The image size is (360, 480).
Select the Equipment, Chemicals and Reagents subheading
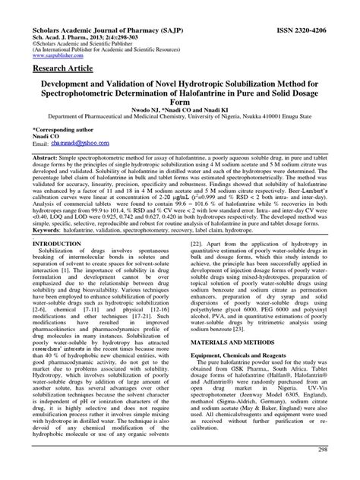256,383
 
